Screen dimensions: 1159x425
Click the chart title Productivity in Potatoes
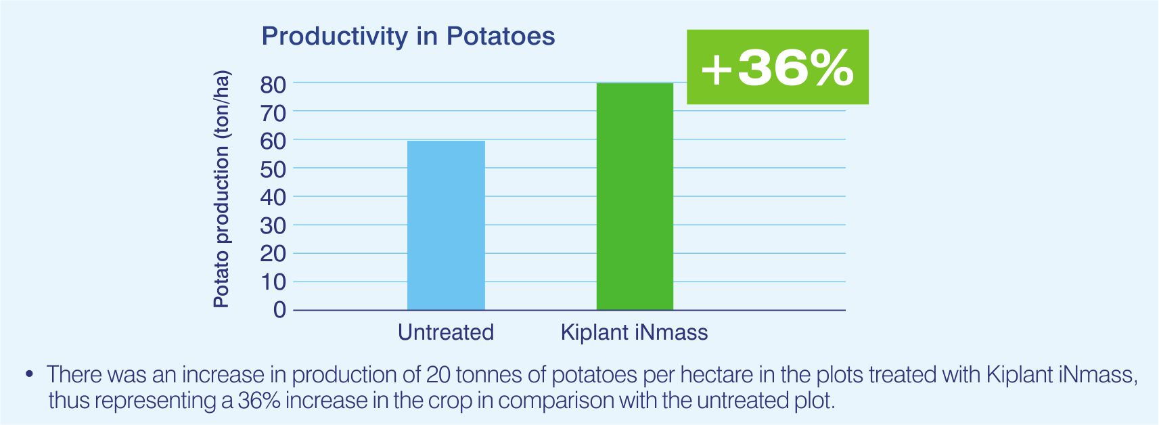click(408, 37)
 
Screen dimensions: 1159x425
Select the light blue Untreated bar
click(446, 225)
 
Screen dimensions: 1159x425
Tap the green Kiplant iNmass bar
click(635, 197)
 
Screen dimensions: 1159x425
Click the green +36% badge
click(777, 67)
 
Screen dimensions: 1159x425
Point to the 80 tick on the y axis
click(273, 85)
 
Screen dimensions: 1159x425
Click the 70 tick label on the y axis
click(273, 114)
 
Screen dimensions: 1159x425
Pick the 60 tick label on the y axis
click(273, 142)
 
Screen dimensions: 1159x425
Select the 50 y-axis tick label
click(273, 171)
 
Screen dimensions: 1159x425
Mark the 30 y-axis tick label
click(273, 226)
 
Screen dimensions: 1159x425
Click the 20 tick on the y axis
click(273, 254)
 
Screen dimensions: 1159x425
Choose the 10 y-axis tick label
click(273, 282)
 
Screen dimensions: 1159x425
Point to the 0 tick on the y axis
click(279, 310)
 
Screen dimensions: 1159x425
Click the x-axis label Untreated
click(445, 332)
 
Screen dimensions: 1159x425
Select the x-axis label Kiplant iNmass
click(635, 332)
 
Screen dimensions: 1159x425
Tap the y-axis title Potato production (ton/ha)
click(221, 189)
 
